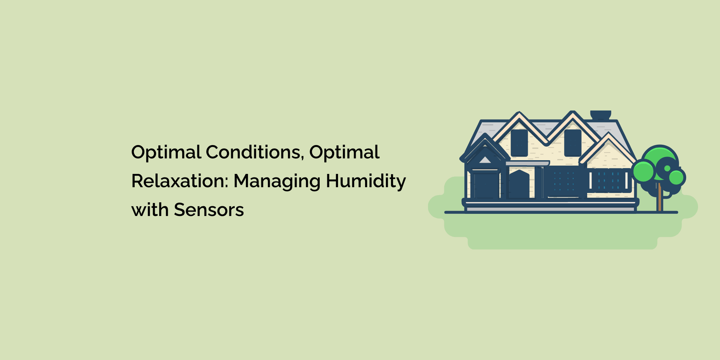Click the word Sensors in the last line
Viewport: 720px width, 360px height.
[209, 210]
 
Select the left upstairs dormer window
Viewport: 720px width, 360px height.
[519, 143]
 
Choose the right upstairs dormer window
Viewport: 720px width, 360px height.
[572, 143]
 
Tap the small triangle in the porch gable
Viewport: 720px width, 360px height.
[485, 160]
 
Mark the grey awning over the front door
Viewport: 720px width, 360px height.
[527, 163]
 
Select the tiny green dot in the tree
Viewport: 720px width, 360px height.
[667, 168]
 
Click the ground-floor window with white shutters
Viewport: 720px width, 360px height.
[608, 180]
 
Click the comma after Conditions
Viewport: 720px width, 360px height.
[303, 158]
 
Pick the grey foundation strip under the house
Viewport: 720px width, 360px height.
[550, 209]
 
